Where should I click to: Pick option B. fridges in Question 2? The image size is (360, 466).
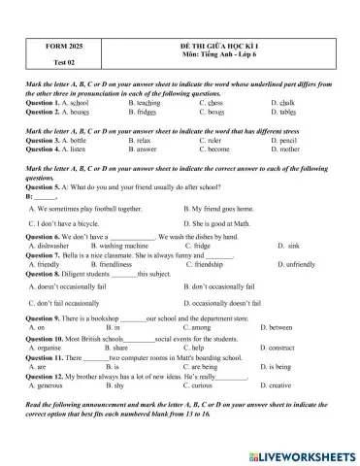pyautogui.click(x=145, y=112)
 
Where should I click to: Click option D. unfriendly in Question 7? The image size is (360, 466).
pyautogui.click(x=292, y=264)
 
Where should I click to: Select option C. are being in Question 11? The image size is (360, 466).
pyautogui.click(x=219, y=367)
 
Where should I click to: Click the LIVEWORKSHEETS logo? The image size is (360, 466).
pyautogui.click(x=301, y=453)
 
